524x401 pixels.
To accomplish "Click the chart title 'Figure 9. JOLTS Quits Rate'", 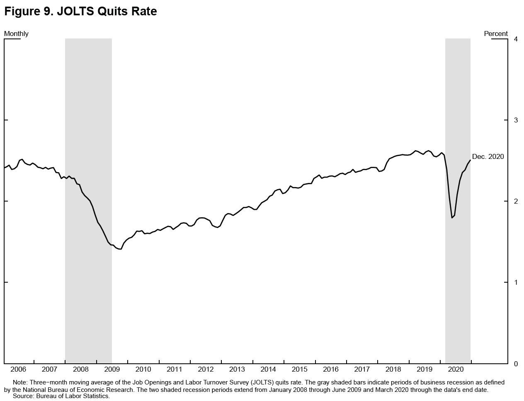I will point(80,12).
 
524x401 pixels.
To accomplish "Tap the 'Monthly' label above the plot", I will point(16,34).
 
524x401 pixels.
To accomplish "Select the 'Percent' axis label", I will point(495,34).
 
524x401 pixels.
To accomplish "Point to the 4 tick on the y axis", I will point(516,39).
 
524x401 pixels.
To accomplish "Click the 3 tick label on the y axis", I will point(516,120).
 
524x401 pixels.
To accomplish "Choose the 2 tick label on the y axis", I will point(516,202).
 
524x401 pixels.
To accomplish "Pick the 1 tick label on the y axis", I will point(516,283).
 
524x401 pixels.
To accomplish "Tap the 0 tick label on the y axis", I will point(516,364).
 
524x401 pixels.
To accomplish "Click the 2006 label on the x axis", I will point(18,369).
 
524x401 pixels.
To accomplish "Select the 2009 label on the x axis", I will point(112,369).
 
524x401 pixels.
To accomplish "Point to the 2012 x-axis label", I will point(206,369).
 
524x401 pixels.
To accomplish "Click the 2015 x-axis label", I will point(300,369).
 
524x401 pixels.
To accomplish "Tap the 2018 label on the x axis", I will point(393,369).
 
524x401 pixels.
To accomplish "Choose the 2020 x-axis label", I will point(456,369).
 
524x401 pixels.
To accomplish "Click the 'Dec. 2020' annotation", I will point(488,156).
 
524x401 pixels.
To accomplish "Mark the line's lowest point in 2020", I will point(452,218).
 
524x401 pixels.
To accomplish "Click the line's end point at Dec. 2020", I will point(470,160).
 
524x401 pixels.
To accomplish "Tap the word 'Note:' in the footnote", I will point(21,383).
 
